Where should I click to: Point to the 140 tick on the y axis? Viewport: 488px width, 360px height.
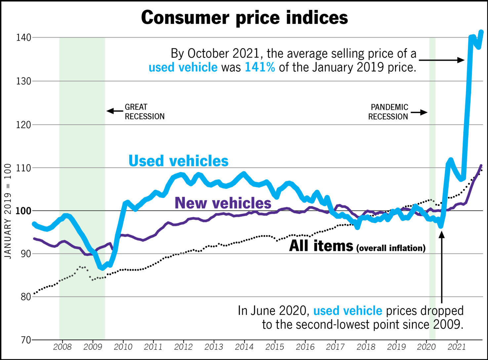pyautogui.click(x=23, y=38)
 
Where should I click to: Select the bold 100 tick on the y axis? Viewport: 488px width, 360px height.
pyautogui.click(x=23, y=211)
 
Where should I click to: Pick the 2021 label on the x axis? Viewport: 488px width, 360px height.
pyautogui.click(x=456, y=347)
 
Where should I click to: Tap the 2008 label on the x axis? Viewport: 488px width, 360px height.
pyautogui.click(x=62, y=347)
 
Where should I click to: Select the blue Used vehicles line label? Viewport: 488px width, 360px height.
pyautogui.click(x=178, y=161)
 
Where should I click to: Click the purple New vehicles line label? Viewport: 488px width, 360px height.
pyautogui.click(x=223, y=203)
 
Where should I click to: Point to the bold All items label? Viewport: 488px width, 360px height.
pyautogui.click(x=321, y=246)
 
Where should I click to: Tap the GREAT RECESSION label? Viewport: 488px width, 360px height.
pyautogui.click(x=144, y=112)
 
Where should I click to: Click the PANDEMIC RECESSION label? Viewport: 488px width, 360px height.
pyautogui.click(x=388, y=112)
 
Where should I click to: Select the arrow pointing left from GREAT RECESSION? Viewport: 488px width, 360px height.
pyautogui.click(x=115, y=111)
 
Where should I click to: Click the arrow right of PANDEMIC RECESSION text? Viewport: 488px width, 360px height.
pyautogui.click(x=419, y=112)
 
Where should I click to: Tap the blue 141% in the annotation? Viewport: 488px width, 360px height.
pyautogui.click(x=260, y=67)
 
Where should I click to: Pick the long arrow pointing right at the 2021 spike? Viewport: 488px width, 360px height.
pyautogui.click(x=441, y=60)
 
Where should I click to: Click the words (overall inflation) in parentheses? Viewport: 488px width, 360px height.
pyautogui.click(x=391, y=248)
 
